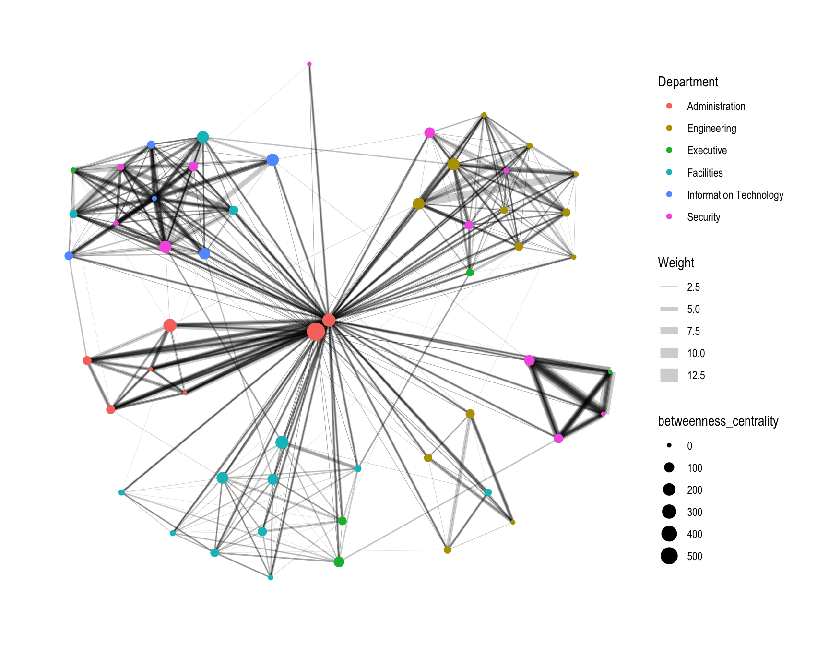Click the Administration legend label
click(x=716, y=106)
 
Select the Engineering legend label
click(x=711, y=128)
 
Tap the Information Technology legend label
click(x=735, y=195)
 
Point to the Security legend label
click(x=703, y=217)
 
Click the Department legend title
click(x=687, y=82)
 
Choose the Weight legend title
click(x=675, y=263)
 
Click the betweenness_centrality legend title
click(x=718, y=421)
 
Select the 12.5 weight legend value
click(x=696, y=375)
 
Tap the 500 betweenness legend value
click(x=694, y=556)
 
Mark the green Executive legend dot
click(x=669, y=150)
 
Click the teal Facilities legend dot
click(x=669, y=172)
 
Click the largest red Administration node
click(x=316, y=331)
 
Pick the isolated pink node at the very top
click(x=309, y=64)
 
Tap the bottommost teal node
click(x=271, y=577)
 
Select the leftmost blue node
click(x=69, y=256)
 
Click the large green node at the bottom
click(x=339, y=561)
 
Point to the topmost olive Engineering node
click(x=484, y=115)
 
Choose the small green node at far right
click(x=610, y=372)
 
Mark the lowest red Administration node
click(x=110, y=409)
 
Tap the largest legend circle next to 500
click(x=669, y=556)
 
